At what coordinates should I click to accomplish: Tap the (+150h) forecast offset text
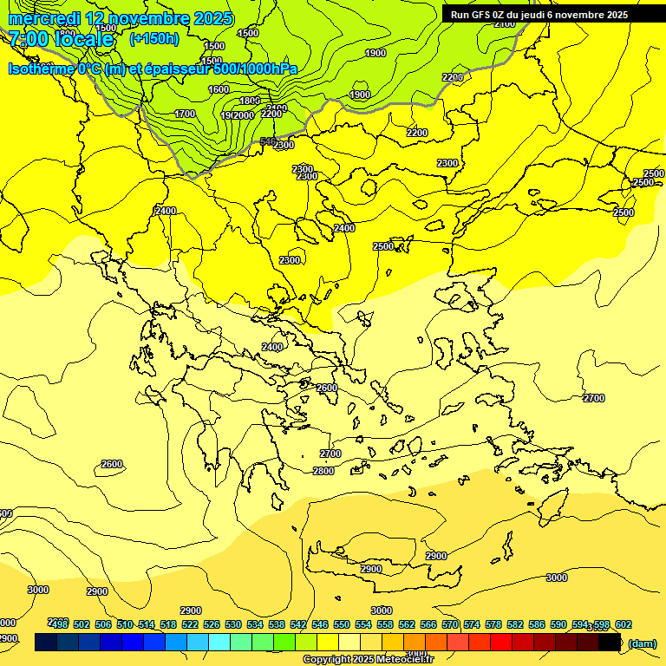pos(153,38)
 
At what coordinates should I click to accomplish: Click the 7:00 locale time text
pos(61,39)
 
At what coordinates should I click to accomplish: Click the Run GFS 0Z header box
pos(539,15)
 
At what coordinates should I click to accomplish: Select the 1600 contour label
pos(219,89)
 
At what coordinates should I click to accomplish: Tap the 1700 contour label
pos(185,114)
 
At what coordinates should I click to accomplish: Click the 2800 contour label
pos(323,471)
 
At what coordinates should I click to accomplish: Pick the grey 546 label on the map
pos(268,140)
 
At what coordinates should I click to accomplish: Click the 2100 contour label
pos(504,24)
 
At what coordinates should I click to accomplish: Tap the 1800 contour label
pos(249,101)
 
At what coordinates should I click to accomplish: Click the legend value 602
pos(623,624)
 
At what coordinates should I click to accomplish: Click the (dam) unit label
pos(643,643)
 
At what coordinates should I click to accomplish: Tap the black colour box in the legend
pos(610,642)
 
